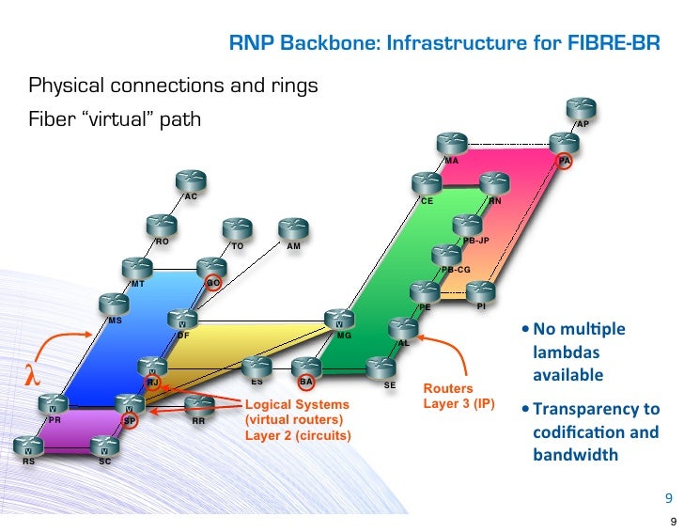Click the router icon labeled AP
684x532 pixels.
pyautogui.click(x=581, y=107)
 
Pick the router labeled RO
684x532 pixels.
pyautogui.click(x=161, y=226)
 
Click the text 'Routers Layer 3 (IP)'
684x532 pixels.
pyautogui.click(x=458, y=396)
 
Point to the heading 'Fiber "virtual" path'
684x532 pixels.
pyautogui.click(x=115, y=120)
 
